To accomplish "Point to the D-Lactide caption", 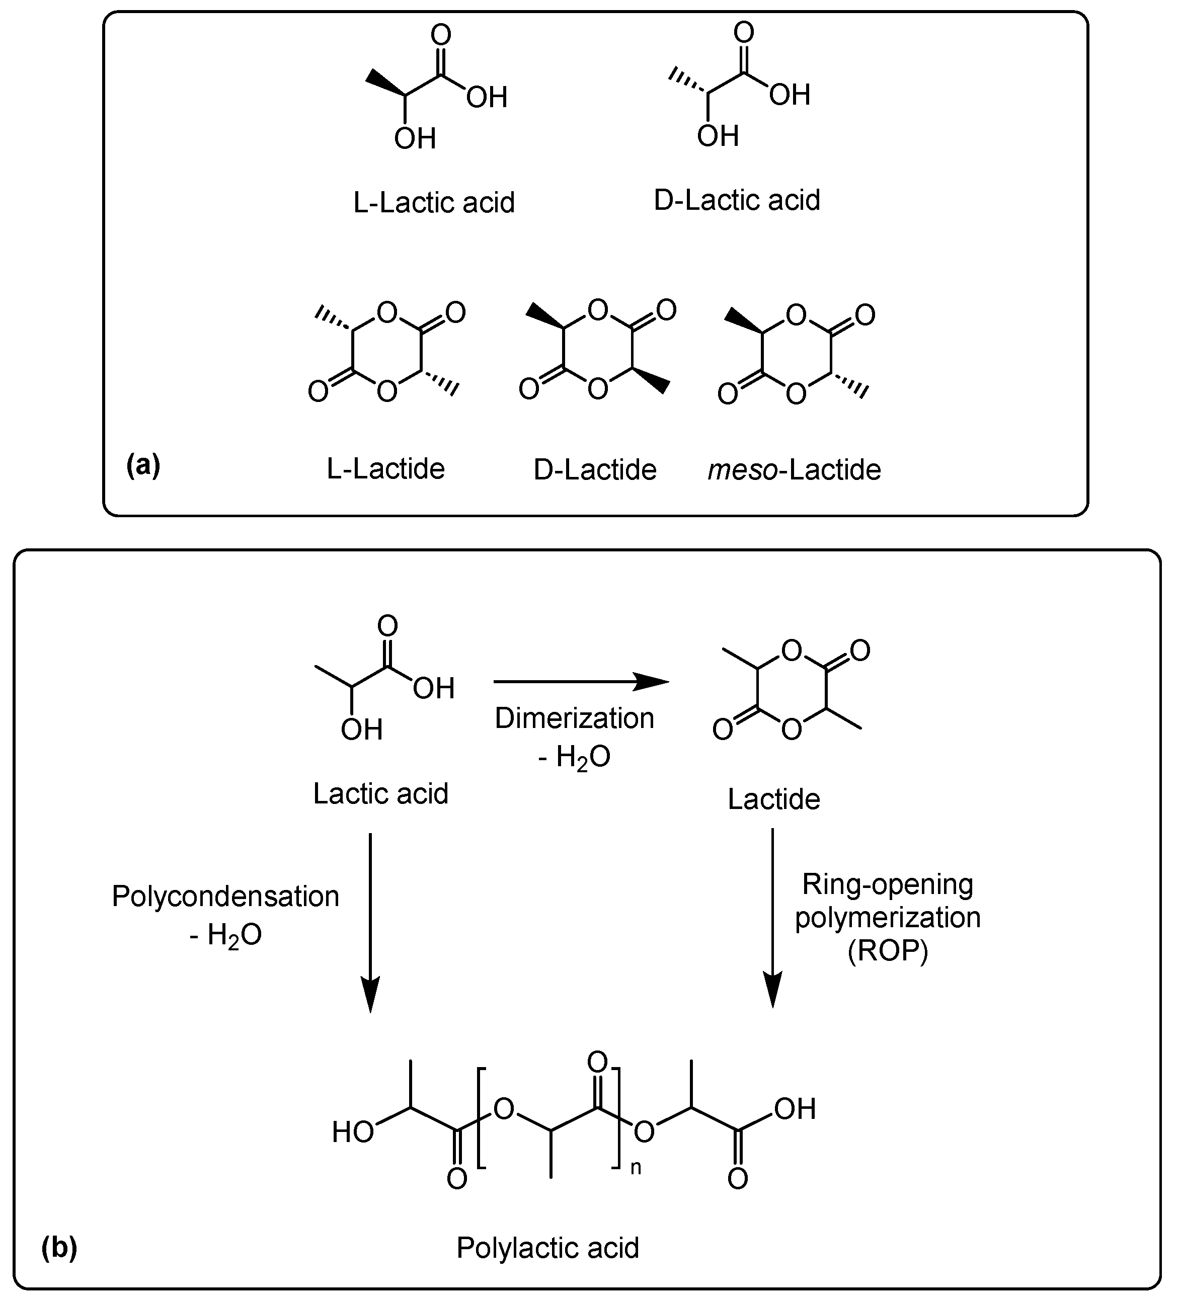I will click(x=594, y=470).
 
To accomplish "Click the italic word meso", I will click(x=742, y=470).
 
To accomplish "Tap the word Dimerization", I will click(x=574, y=718).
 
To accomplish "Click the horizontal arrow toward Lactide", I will click(x=581, y=682).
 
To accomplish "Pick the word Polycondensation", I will click(x=225, y=897).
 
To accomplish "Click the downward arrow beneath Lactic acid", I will click(x=370, y=923).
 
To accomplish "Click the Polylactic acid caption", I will click(x=547, y=1248).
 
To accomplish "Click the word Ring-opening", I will click(x=888, y=883).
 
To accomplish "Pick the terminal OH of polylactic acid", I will click(x=795, y=1109).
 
